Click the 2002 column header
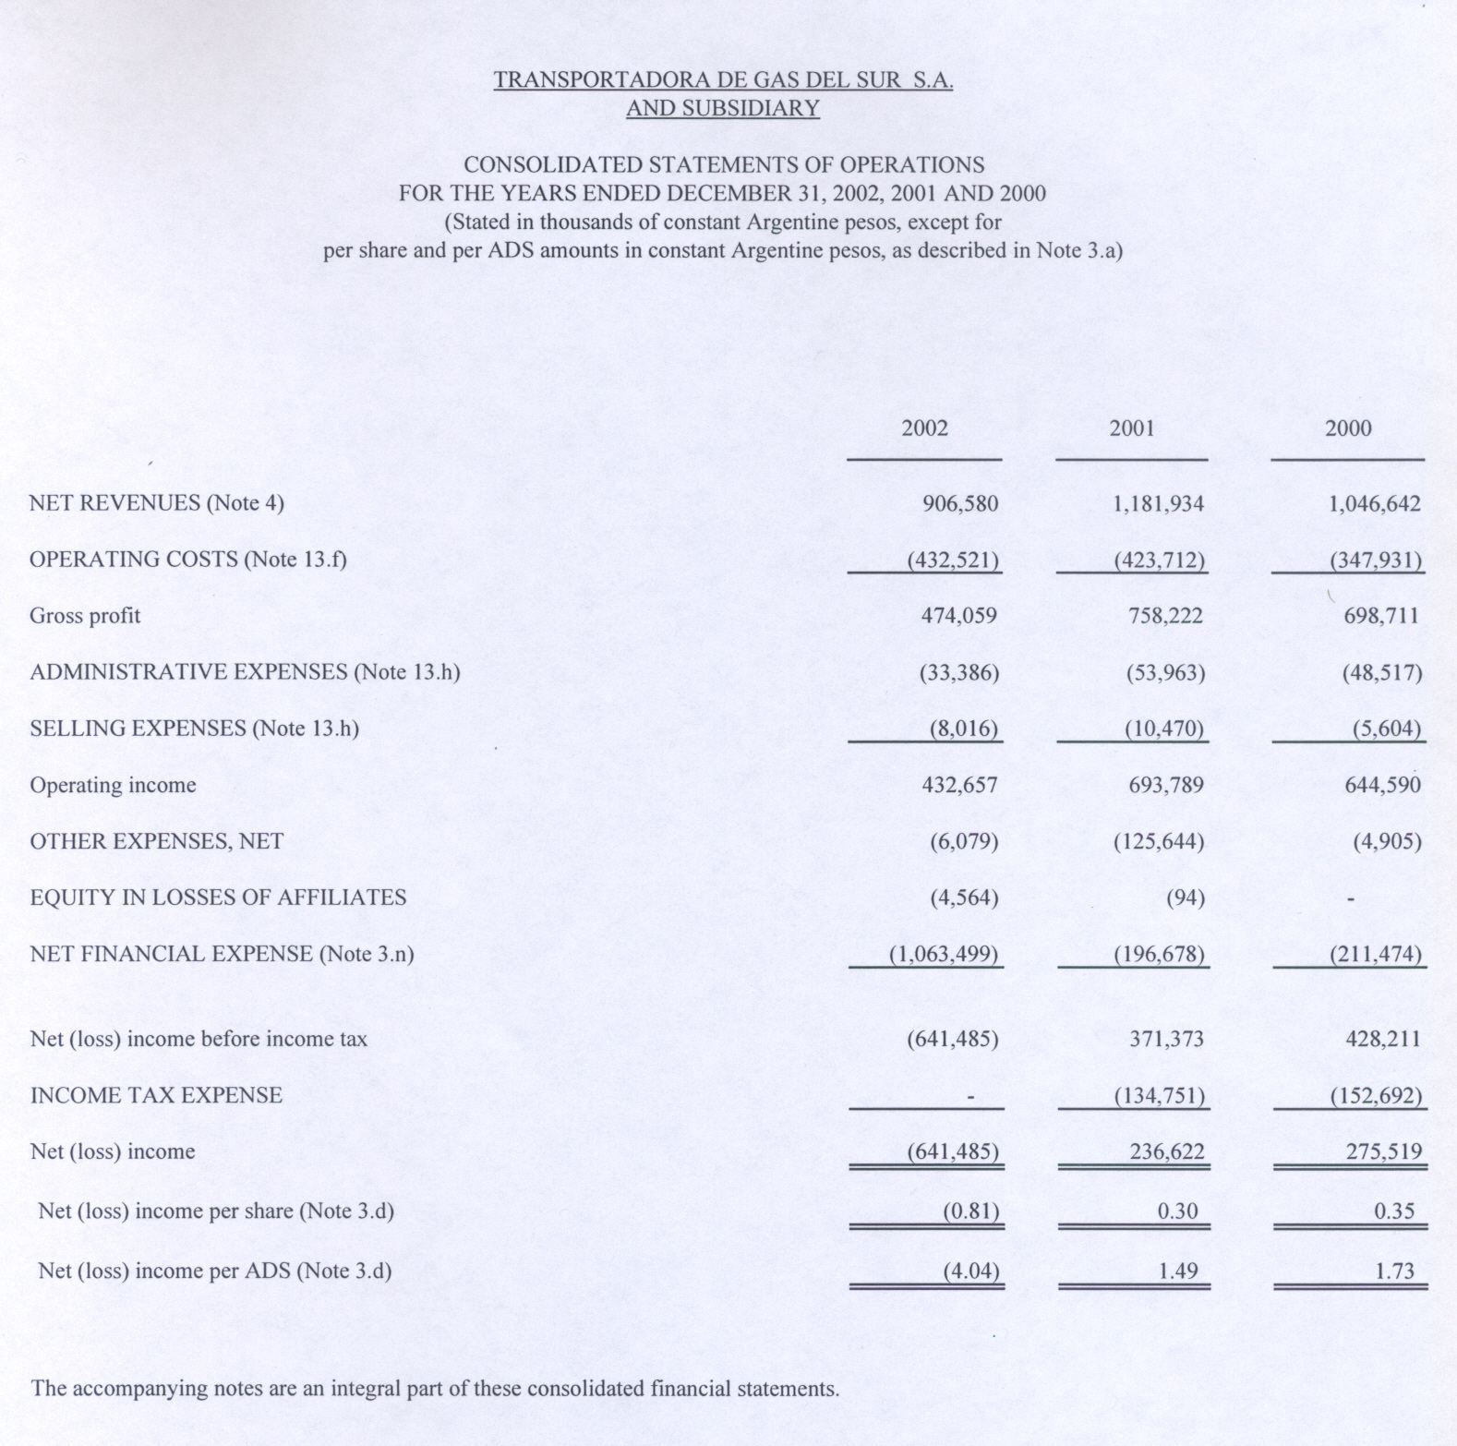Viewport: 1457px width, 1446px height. (924, 428)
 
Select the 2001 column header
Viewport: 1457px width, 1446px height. (1131, 428)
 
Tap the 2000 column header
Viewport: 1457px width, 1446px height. (1348, 428)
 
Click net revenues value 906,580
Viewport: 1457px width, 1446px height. (960, 503)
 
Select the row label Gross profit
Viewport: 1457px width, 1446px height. (85, 616)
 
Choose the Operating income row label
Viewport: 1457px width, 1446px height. (113, 785)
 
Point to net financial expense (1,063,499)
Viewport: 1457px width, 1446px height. (944, 954)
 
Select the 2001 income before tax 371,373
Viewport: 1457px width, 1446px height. (1167, 1039)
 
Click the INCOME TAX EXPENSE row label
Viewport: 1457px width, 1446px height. (156, 1095)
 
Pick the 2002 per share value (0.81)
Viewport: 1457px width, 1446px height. (970, 1211)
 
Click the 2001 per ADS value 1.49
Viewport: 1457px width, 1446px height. (1177, 1271)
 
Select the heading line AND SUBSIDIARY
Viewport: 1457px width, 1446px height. (723, 108)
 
